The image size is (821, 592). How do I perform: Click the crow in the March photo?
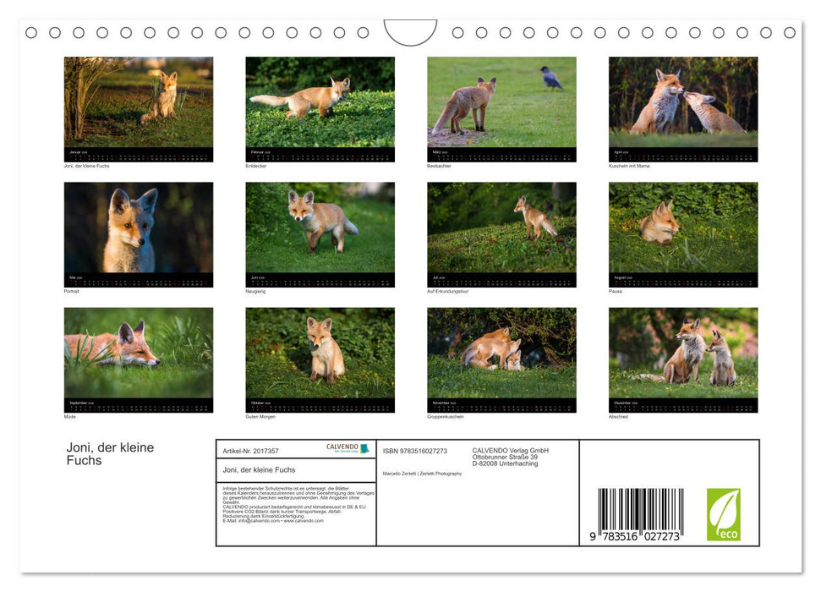point(551,78)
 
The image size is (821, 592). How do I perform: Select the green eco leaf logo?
point(723,514)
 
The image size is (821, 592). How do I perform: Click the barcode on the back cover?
point(640,512)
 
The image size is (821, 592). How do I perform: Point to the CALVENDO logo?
point(348,448)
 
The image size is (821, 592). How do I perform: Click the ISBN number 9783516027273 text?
point(415,451)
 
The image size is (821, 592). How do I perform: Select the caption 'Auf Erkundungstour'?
point(448,291)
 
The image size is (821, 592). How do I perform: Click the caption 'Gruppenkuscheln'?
point(446,416)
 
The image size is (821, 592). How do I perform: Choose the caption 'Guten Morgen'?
point(260,416)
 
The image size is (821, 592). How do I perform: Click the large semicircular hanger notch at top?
point(410,32)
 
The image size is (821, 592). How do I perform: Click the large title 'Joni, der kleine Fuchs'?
point(110,453)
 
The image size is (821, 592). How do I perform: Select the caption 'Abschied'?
point(618,416)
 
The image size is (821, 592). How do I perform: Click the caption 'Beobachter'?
point(439,166)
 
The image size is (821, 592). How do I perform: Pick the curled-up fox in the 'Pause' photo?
point(659,226)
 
